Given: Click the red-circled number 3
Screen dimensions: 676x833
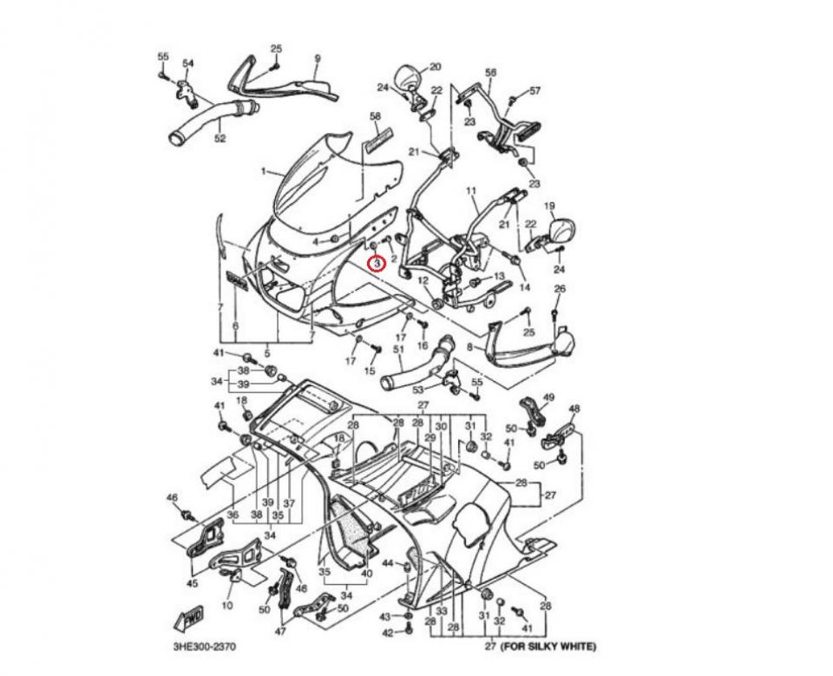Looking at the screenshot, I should click(x=377, y=263).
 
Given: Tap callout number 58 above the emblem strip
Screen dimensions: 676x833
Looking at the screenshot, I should click(x=375, y=115).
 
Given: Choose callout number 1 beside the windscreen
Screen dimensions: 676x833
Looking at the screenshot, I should click(x=264, y=172).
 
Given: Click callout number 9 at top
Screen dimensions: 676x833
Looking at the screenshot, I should click(x=318, y=59).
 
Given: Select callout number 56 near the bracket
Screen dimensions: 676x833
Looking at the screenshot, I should click(x=490, y=74).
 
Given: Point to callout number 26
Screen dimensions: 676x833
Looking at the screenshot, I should click(x=560, y=289).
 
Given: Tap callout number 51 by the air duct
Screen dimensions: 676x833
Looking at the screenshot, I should click(x=398, y=351).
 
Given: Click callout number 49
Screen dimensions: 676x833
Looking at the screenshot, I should click(x=548, y=397).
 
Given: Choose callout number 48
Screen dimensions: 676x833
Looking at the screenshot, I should click(x=574, y=409).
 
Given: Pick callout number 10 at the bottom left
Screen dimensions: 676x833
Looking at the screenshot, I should click(x=227, y=605).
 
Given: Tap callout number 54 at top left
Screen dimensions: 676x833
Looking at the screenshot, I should click(x=188, y=63).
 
